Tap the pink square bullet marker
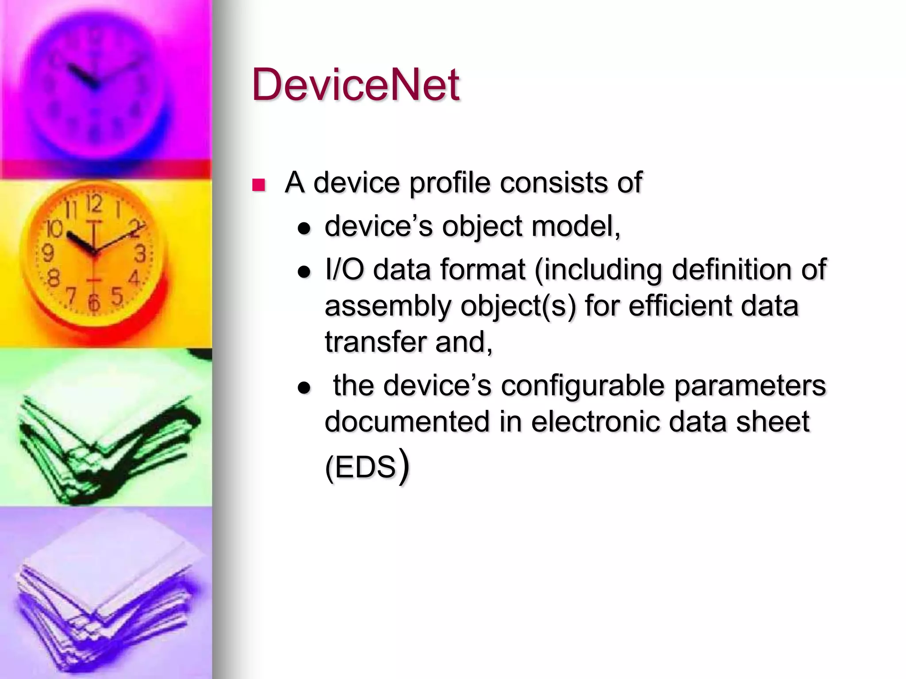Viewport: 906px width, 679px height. [258, 185]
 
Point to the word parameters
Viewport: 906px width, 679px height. [750, 385]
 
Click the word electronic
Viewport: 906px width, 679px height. [595, 421]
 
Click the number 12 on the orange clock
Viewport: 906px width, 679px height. [94, 204]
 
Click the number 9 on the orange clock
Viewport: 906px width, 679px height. [48, 253]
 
